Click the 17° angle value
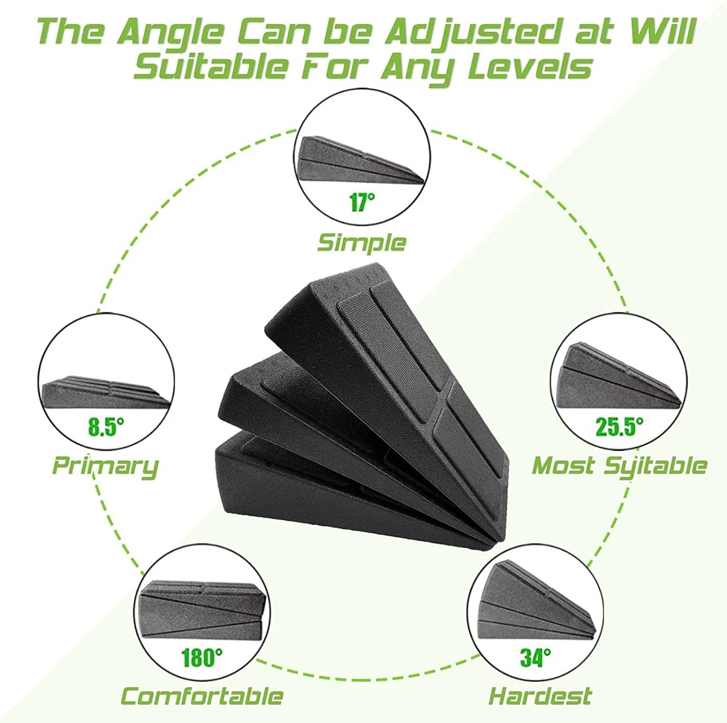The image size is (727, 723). pos(362,202)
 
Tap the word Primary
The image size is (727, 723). pos(105,467)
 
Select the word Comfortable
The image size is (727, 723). pos(202,695)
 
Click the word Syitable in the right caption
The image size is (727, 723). pos(655,467)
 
